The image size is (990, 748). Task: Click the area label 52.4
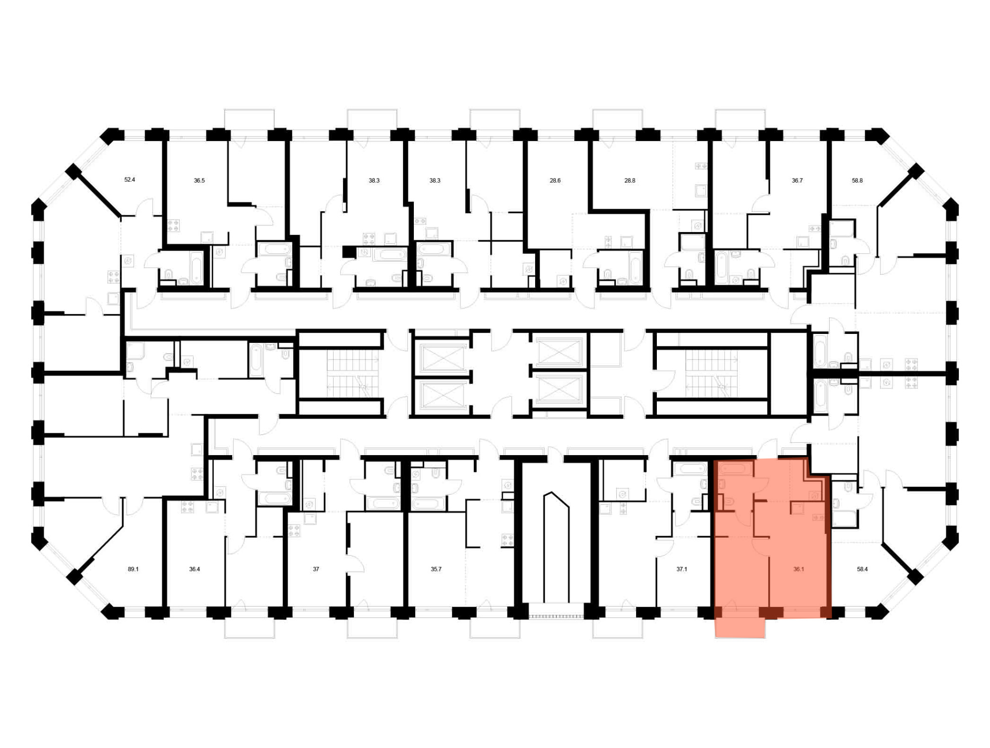[129, 180]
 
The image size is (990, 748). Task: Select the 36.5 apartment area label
[199, 181]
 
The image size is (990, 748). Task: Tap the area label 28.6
[555, 181]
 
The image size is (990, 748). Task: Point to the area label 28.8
[630, 181]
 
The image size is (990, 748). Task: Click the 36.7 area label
[797, 181]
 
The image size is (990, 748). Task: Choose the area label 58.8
[857, 181]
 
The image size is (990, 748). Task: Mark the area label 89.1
[133, 569]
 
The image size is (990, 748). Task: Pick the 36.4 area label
[195, 569]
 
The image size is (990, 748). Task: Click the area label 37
[316, 569]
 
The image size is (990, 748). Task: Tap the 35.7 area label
[436, 569]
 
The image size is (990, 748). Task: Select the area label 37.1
[682, 569]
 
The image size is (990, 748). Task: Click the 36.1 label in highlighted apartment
[798, 569]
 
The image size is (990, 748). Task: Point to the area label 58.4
[862, 569]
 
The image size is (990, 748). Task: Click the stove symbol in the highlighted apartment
[818, 517]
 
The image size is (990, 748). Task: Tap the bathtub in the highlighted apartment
[736, 468]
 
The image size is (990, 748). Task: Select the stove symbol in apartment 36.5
[173, 226]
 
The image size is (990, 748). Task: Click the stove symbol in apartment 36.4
[187, 507]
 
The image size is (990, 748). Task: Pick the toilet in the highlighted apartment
[728, 502]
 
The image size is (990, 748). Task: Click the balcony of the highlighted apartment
[741, 626]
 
